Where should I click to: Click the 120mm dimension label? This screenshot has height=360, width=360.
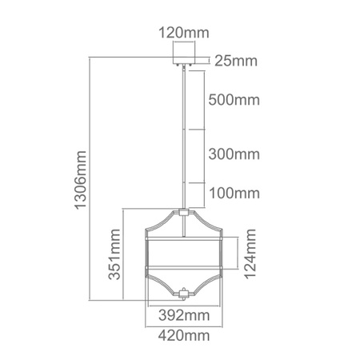185,34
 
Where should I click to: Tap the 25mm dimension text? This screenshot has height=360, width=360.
235,60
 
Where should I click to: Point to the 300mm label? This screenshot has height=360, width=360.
234,154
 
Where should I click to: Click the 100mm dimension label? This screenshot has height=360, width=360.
234,193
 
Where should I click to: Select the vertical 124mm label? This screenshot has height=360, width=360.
251,254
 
